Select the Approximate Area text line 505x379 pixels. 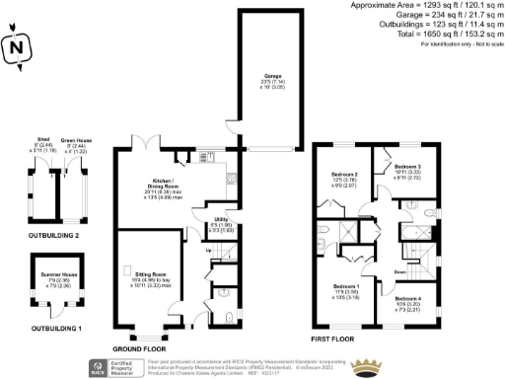coord(426,6)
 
